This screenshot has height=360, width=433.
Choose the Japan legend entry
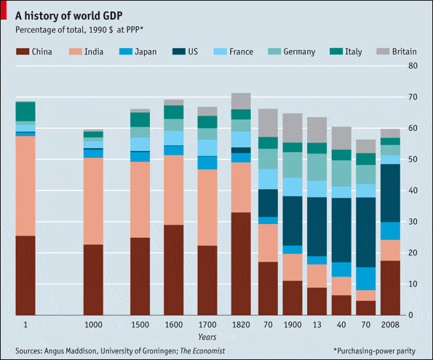pos(145,52)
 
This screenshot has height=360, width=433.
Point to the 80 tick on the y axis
pos(412,66)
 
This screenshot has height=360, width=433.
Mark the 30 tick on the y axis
pos(412,222)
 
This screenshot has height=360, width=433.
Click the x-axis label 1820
pos(240,325)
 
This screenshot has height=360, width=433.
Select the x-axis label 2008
pos(390,325)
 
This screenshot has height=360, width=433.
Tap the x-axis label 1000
pos(93,325)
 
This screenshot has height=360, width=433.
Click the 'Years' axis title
pos(207,337)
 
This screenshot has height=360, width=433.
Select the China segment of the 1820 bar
pos(240,263)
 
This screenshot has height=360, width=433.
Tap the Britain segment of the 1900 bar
pos(293,127)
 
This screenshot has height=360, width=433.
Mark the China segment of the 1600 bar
pos(173,269)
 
